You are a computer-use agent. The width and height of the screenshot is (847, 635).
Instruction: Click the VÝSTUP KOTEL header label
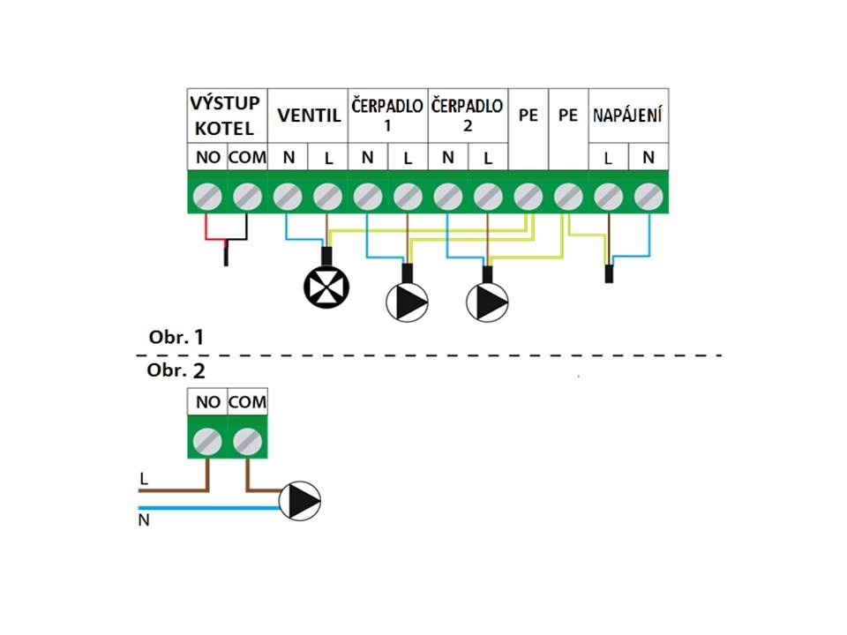click(225, 116)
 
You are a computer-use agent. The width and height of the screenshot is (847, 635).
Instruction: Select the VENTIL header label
click(308, 116)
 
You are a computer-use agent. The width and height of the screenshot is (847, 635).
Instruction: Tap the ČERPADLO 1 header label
click(387, 116)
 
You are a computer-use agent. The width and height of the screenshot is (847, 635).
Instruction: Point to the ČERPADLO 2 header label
click(468, 116)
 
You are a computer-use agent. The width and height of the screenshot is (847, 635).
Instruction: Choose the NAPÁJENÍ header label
click(628, 116)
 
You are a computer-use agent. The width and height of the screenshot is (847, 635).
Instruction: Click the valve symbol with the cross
click(326, 285)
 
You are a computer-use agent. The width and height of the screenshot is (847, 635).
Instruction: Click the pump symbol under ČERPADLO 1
click(407, 303)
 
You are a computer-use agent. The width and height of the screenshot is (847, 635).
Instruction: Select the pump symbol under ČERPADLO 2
click(488, 303)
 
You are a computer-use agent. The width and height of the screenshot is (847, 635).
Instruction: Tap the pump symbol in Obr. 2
click(300, 501)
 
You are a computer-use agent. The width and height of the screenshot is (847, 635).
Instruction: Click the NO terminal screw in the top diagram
click(207, 196)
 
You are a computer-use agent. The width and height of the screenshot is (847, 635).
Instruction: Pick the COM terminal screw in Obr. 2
click(247, 439)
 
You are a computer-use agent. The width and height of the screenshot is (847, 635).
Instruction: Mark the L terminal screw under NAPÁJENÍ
click(608, 196)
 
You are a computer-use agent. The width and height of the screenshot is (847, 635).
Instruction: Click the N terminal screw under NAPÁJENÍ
click(648, 196)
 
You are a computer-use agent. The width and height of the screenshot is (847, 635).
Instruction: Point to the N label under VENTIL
click(288, 159)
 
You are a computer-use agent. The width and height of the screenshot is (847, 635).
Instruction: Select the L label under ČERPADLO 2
click(487, 159)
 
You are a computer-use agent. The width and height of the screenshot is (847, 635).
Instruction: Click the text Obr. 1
click(176, 337)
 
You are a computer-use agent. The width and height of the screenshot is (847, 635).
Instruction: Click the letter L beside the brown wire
click(143, 477)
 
